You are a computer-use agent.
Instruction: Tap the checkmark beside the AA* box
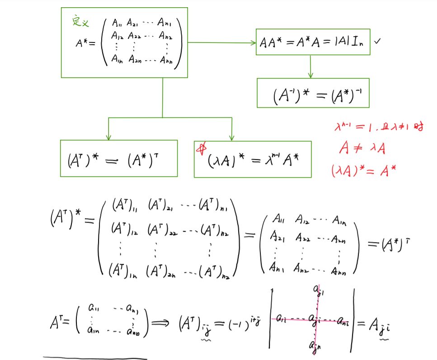tap(378, 41)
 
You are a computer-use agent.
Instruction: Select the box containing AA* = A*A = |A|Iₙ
tap(313, 42)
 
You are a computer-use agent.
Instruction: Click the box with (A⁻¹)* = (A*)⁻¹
tap(313, 93)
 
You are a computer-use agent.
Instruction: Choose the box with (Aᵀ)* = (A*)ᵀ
tap(119, 159)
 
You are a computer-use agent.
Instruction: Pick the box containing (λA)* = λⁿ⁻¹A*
tap(253, 159)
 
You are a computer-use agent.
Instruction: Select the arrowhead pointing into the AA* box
tap(253, 42)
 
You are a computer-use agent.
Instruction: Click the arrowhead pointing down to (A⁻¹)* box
tap(310, 75)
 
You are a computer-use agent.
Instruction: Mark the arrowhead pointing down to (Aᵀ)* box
tap(108, 137)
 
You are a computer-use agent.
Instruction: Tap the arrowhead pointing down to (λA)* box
tap(231, 137)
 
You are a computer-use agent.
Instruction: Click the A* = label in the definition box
tap(85, 43)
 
